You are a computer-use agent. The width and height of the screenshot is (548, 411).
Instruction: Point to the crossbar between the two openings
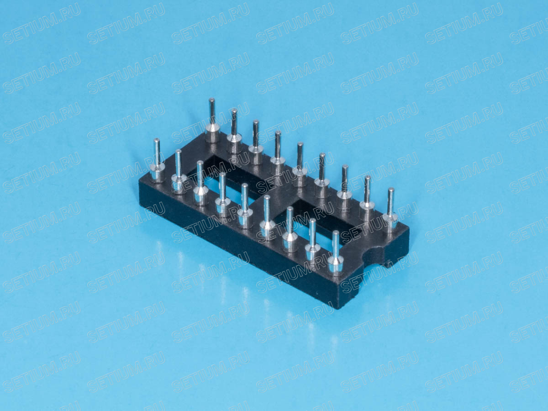[272, 197]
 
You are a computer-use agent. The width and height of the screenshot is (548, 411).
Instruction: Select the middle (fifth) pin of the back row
[300, 165]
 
